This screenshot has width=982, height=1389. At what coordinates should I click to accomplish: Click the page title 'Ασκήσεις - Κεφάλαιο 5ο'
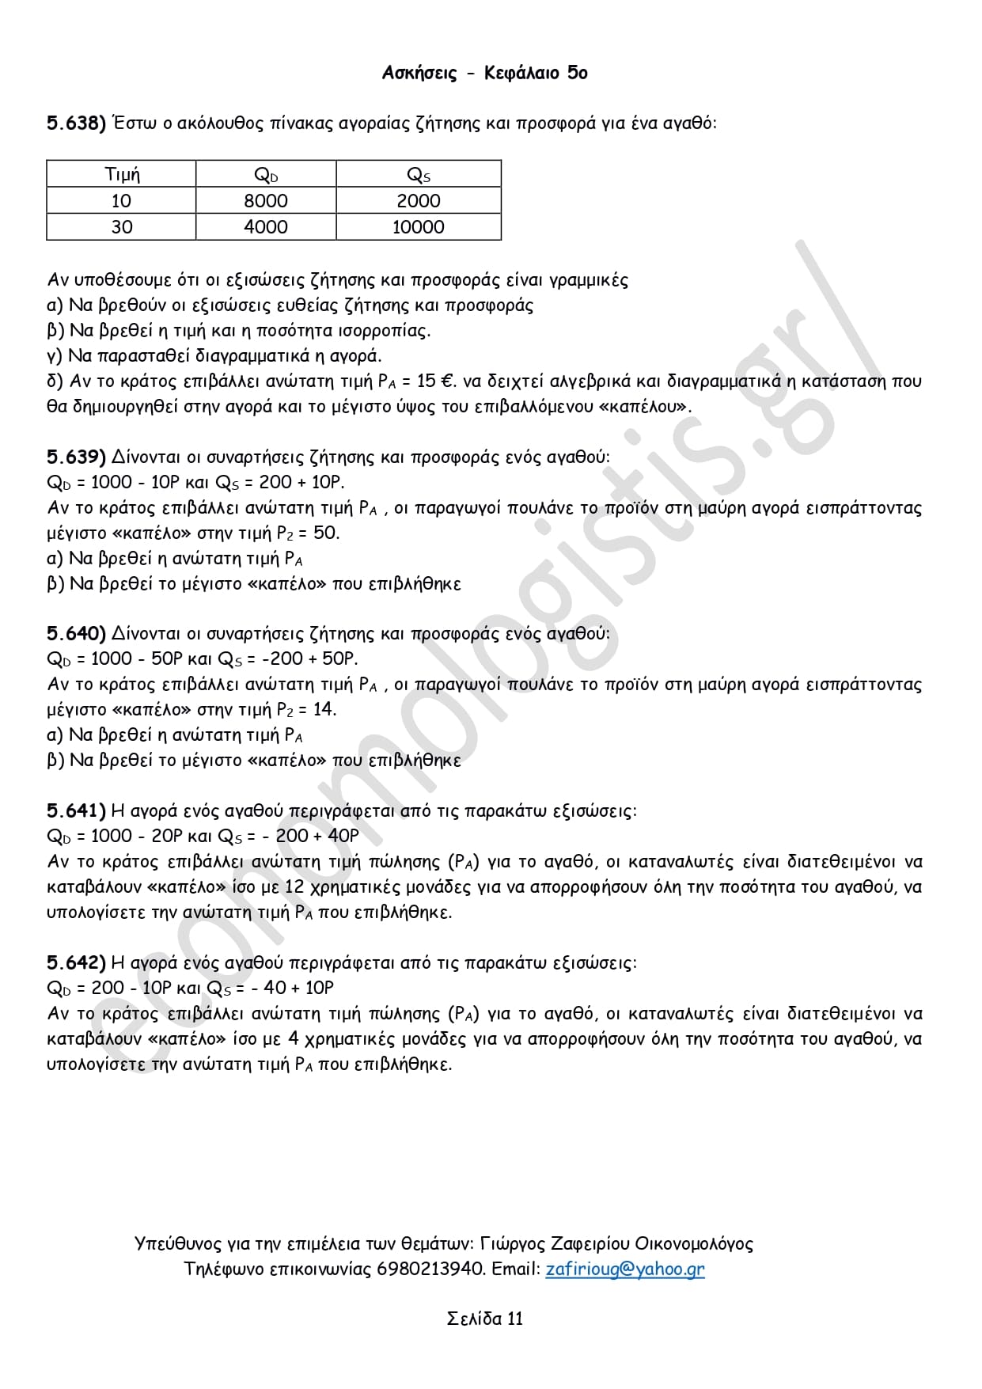(484, 73)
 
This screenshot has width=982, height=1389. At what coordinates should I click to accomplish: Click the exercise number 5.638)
(76, 123)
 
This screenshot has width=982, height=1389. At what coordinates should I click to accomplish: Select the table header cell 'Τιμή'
(122, 174)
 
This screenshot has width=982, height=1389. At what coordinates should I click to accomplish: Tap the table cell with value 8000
(266, 201)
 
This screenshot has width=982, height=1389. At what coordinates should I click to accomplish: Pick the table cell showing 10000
(418, 227)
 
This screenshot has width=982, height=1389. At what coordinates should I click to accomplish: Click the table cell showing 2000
(418, 201)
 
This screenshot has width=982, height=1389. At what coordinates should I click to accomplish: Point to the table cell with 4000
(266, 227)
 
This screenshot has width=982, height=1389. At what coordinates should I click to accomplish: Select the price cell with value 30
(122, 227)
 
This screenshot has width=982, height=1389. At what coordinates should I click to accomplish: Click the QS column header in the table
(418, 174)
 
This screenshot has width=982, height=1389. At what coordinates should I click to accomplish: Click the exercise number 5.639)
(76, 457)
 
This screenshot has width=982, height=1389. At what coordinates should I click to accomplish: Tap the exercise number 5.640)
(76, 633)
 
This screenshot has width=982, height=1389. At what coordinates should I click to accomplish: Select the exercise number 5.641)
(76, 810)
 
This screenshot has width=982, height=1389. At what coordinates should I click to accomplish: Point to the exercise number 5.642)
(76, 962)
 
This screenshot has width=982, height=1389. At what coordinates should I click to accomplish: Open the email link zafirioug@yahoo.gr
(624, 1269)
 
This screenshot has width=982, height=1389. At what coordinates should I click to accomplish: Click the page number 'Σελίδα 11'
(484, 1319)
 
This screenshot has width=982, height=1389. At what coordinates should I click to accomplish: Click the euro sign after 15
(447, 381)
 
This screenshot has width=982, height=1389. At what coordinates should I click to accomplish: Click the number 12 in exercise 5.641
(294, 886)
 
